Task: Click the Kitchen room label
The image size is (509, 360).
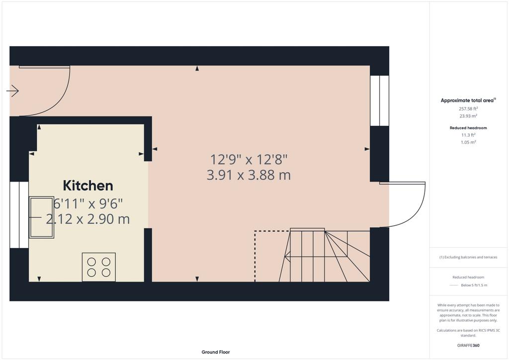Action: click(88, 185)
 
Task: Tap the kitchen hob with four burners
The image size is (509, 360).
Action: click(99, 267)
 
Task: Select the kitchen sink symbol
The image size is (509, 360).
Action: click(42, 217)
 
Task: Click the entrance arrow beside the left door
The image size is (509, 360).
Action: click(12, 90)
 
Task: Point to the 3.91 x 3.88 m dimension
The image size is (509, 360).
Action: click(249, 176)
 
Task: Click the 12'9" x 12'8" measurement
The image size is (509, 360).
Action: click(249, 160)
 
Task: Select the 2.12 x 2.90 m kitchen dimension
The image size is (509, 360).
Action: click(87, 219)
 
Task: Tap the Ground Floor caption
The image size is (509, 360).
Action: click(216, 352)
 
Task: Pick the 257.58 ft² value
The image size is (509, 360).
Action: click(468, 109)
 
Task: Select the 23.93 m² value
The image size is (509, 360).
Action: click(468, 116)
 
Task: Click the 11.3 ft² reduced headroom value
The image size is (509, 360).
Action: click(468, 135)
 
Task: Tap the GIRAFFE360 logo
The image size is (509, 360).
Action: click(468, 346)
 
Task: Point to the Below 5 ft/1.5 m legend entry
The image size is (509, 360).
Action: click(474, 285)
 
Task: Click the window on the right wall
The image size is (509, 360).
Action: click(379, 100)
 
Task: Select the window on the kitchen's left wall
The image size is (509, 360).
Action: click(19, 215)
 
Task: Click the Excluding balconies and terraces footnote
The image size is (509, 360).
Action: click(468, 257)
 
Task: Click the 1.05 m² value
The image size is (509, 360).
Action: click(468, 142)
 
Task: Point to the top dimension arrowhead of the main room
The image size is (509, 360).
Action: click(197, 68)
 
